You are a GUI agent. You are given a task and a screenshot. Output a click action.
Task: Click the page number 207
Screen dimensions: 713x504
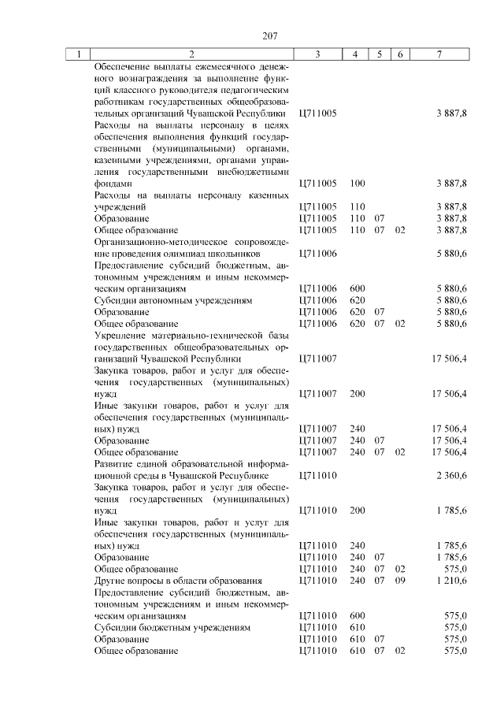[x=271, y=35]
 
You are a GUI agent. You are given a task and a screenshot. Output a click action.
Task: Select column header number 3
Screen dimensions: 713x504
[x=317, y=54]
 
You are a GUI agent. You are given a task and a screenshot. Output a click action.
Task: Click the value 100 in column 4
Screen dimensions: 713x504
[x=358, y=183]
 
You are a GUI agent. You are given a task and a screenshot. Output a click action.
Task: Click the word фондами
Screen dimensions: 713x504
[x=112, y=183]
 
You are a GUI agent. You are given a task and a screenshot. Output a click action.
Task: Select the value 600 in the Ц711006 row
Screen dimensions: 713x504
[x=358, y=289]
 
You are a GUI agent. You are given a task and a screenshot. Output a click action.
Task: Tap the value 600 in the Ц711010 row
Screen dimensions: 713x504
[x=358, y=616]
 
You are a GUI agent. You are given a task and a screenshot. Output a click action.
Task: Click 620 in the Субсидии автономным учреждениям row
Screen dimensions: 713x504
[x=358, y=300]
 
